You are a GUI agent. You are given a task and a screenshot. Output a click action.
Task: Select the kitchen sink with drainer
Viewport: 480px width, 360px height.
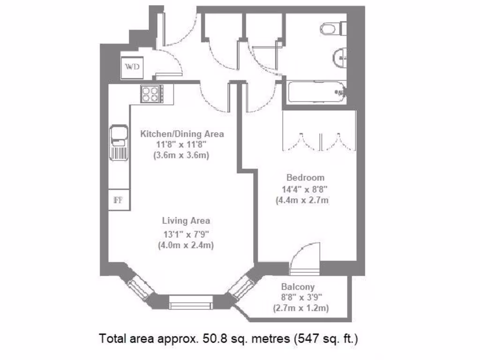pyautogui.click(x=119, y=142)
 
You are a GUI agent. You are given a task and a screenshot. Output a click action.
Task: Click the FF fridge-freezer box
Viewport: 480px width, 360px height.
pyautogui.click(x=118, y=200)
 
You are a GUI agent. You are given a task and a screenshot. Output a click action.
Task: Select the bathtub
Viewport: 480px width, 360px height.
pyautogui.click(x=317, y=92)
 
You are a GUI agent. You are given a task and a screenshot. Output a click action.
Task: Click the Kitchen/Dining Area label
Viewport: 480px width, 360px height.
pyautogui.click(x=182, y=134)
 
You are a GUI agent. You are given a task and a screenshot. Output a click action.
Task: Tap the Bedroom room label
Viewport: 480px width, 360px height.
pyautogui.click(x=305, y=178)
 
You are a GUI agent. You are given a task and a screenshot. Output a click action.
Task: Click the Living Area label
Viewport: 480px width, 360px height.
pyautogui.click(x=186, y=220)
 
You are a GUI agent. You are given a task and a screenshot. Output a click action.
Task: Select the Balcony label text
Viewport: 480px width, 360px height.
pyautogui.click(x=298, y=287)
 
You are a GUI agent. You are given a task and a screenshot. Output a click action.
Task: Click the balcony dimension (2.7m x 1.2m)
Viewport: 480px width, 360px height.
pyautogui.click(x=300, y=308)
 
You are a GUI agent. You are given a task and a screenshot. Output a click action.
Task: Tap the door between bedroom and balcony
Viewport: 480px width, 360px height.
pyautogui.click(x=305, y=260)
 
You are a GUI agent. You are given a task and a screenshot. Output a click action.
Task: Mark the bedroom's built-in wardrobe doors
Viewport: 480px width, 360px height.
pyautogui.click(x=319, y=138)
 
